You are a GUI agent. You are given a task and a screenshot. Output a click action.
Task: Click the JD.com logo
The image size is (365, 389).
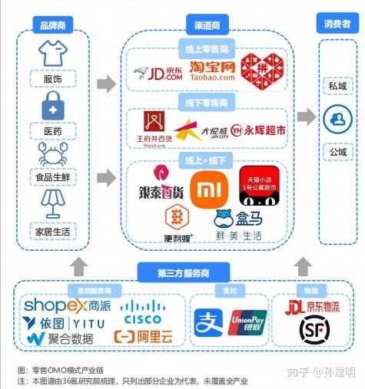click(x=157, y=74)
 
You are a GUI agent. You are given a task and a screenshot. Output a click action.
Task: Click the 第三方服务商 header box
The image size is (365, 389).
click(x=183, y=272)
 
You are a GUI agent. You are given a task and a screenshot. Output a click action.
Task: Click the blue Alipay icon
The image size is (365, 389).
click(x=207, y=323)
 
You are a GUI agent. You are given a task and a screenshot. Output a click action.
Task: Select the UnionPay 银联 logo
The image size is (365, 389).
click(x=247, y=323)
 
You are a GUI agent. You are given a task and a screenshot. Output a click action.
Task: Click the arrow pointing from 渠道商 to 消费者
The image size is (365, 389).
click(x=307, y=117)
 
